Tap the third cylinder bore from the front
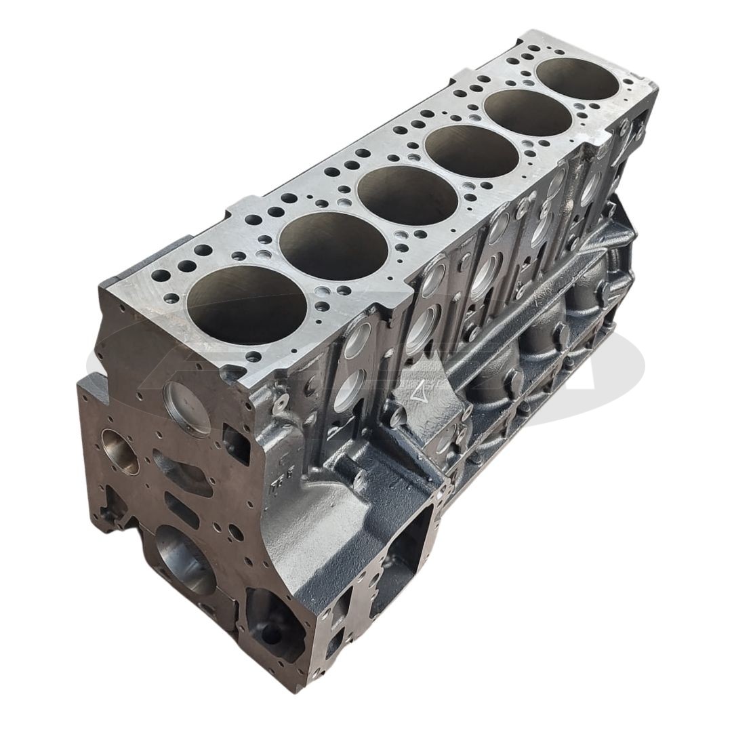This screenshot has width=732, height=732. (407, 195)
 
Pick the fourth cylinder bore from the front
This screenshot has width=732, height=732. (472, 151)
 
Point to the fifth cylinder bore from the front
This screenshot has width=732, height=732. (528, 113)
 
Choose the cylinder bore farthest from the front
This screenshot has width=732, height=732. (577, 80)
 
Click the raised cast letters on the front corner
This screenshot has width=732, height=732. (277, 484)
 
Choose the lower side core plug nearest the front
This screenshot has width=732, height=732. (349, 390)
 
